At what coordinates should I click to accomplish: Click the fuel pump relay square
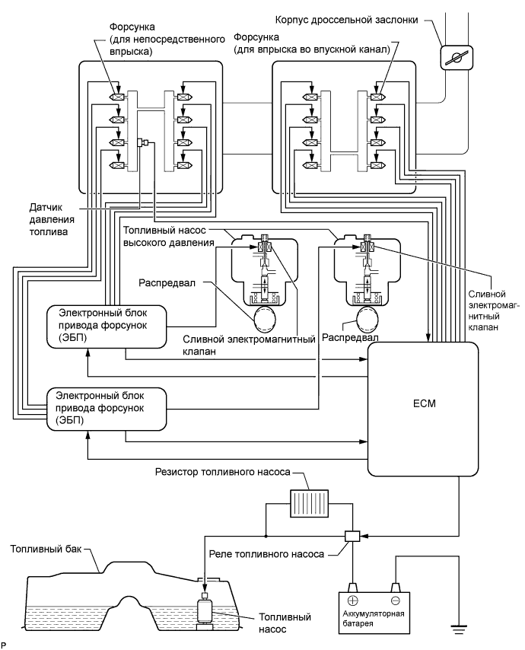(x=352, y=537)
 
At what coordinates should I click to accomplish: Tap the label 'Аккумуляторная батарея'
(x=374, y=617)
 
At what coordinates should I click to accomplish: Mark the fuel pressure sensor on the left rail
(x=142, y=142)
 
